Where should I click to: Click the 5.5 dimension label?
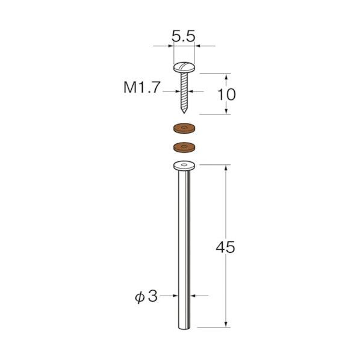(x=184, y=37)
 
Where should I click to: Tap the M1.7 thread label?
(x=141, y=87)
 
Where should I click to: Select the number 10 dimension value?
(x=226, y=95)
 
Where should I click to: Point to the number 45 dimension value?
(x=226, y=247)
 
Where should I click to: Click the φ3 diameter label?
(x=146, y=296)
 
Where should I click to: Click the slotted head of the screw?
(x=184, y=67)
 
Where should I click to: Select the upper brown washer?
(x=184, y=129)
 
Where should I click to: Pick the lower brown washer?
(x=184, y=147)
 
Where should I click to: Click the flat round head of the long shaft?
(x=184, y=166)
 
